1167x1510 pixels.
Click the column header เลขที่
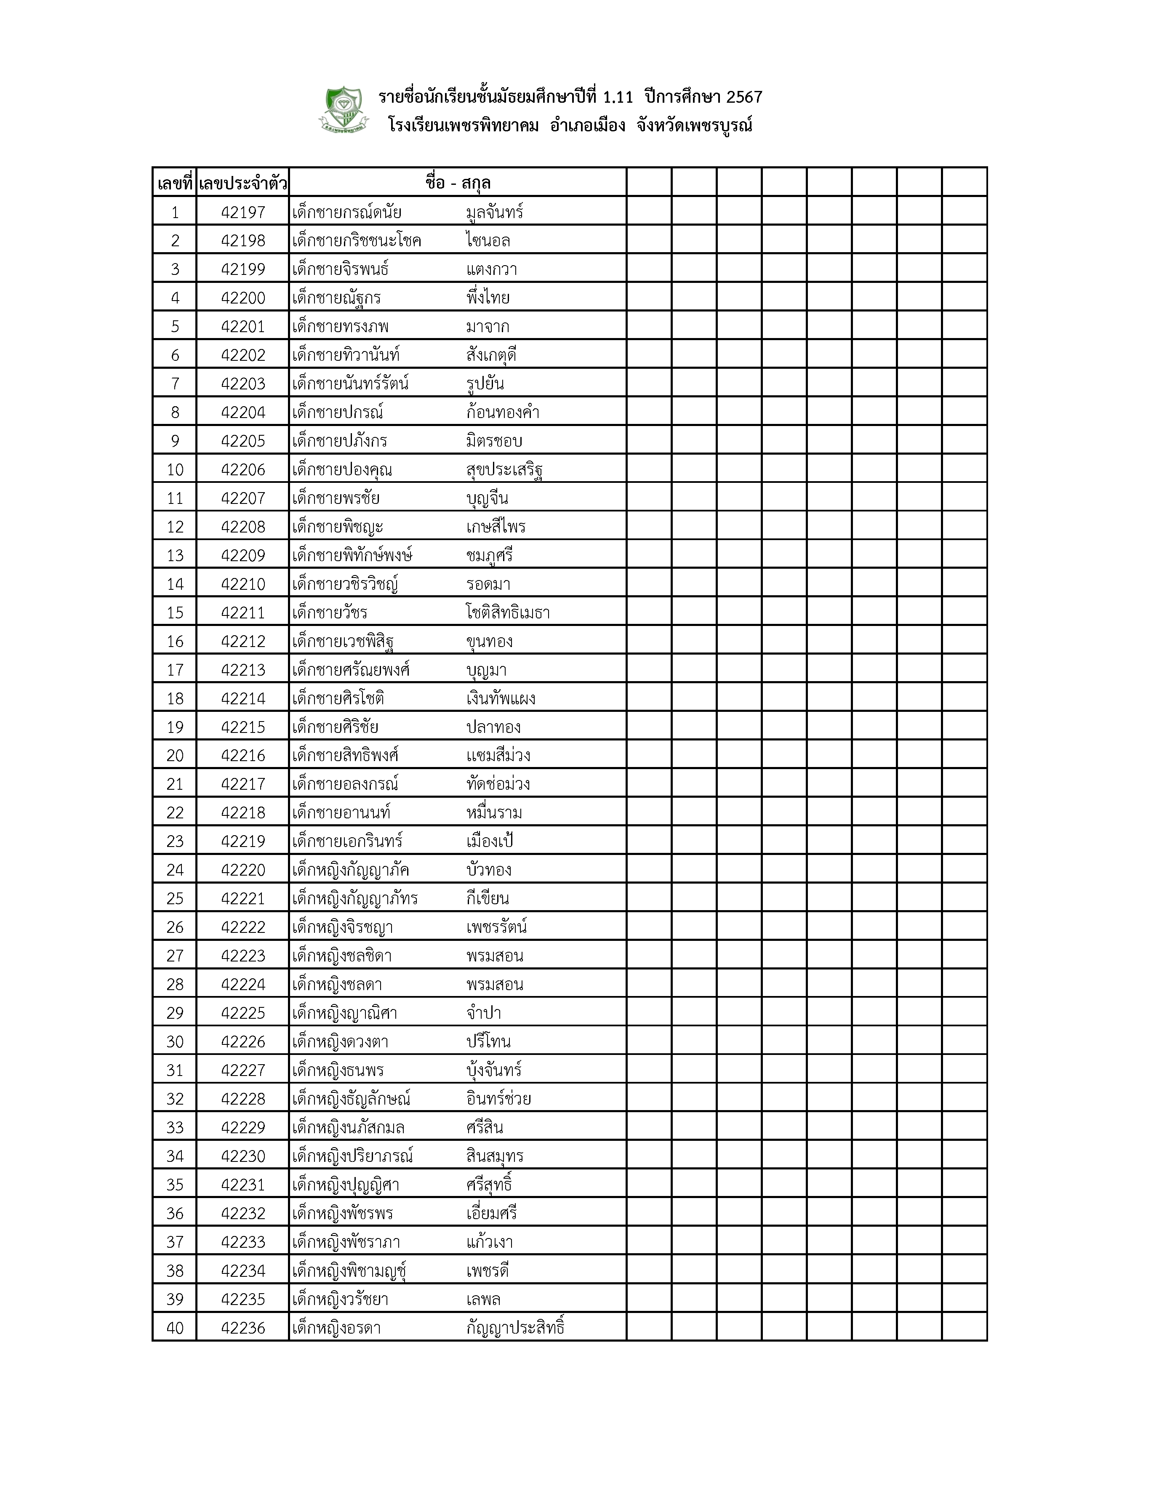[174, 183]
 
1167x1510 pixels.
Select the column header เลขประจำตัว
[242, 183]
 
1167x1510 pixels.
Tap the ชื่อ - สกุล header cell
[458, 183]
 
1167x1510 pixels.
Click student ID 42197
[242, 212]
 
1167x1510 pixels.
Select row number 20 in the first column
[175, 756]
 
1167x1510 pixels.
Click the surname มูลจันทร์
[494, 212]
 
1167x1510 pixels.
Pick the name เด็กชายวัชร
[330, 613]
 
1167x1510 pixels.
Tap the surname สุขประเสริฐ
[504, 470]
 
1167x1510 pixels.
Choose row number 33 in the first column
[175, 1128]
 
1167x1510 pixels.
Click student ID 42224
[242, 985]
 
